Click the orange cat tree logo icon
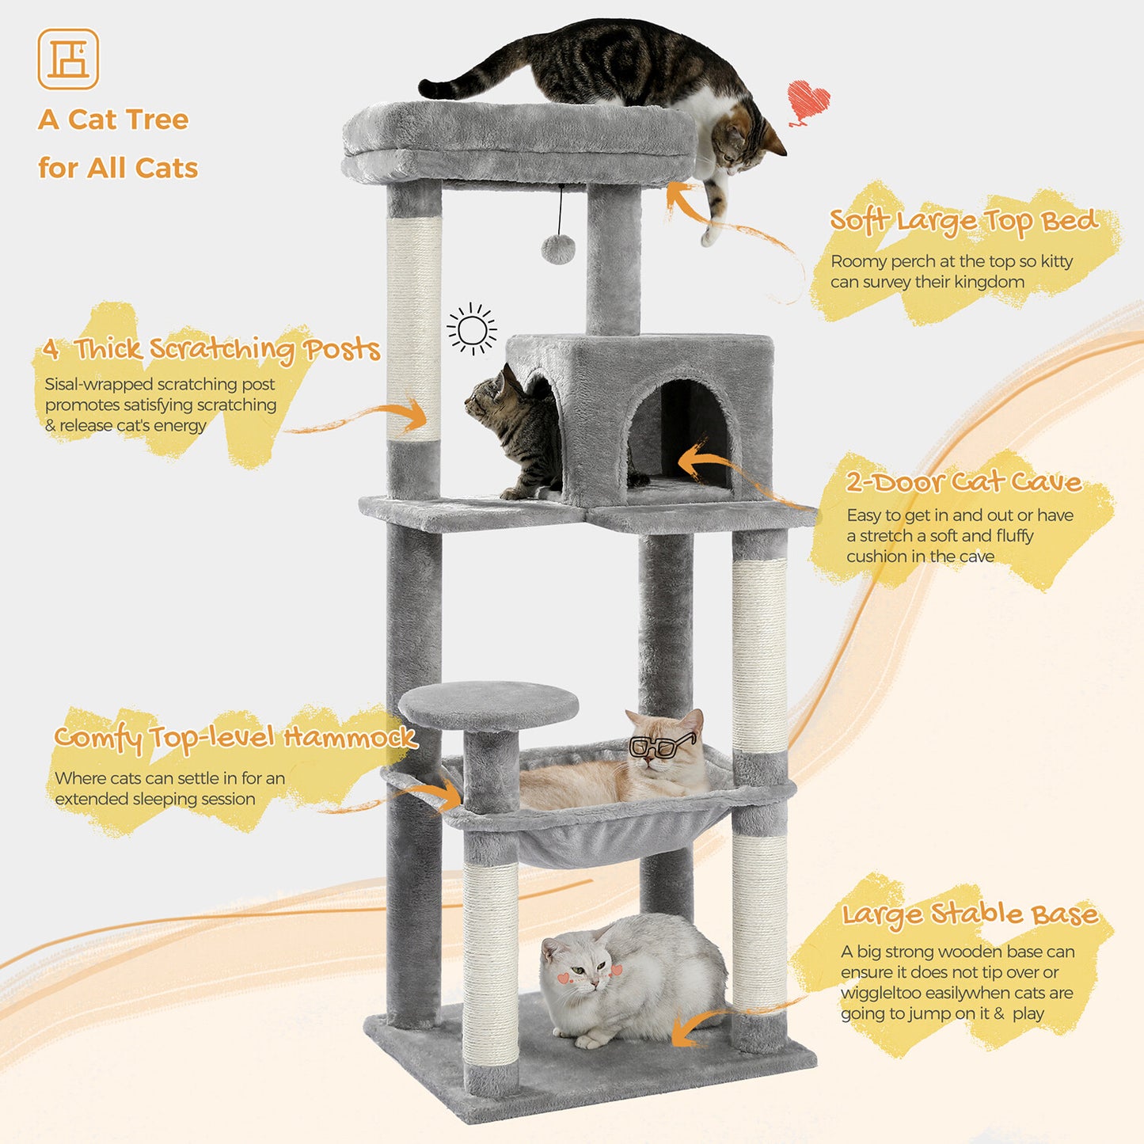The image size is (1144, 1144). click(68, 59)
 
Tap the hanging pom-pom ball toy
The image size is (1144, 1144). click(558, 249)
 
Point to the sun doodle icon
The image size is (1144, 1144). click(472, 329)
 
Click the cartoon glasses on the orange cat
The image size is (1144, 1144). click(661, 745)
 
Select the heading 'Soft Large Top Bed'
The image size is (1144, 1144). click(963, 221)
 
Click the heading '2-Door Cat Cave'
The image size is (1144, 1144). click(963, 481)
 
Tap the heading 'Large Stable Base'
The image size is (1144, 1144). click(969, 914)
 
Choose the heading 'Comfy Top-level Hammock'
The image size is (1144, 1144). click(234, 737)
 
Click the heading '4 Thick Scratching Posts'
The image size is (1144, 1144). click(211, 348)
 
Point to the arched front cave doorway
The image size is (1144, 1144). click(679, 431)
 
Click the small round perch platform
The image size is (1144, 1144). click(488, 705)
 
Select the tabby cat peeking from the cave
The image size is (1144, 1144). click(515, 428)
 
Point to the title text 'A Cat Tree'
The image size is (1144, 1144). click(113, 120)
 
